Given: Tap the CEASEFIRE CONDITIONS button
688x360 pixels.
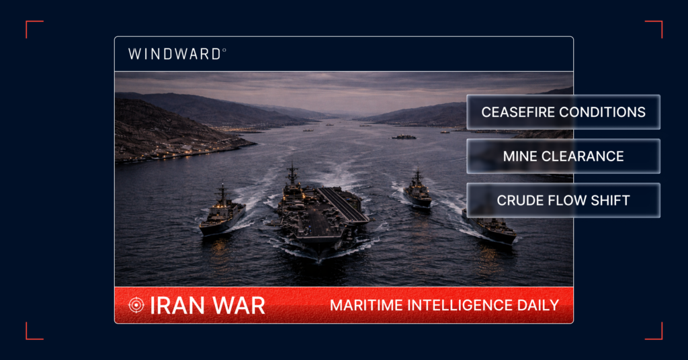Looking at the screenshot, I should point(563,112).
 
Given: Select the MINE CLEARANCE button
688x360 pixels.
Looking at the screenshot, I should point(563,156).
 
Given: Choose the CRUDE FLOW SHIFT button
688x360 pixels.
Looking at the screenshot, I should point(563,200).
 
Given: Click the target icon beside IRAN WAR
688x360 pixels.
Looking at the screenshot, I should point(136,305).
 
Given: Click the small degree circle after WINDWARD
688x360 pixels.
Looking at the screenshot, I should point(224,50).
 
